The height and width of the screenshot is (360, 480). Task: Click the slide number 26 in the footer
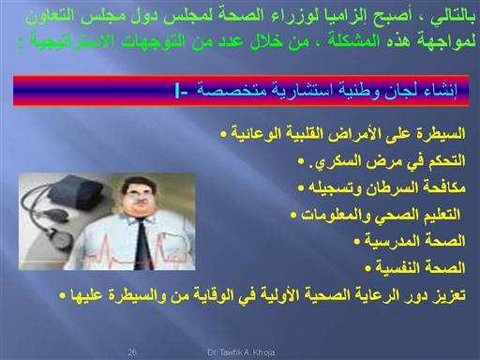click(132, 352)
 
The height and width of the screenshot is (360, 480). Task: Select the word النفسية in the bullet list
click(395, 268)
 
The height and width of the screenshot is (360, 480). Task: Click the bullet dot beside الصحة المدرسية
click(357, 241)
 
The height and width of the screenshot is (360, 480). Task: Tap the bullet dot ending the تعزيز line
click(63, 295)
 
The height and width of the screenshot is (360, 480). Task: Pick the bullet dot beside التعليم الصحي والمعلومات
click(293, 215)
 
